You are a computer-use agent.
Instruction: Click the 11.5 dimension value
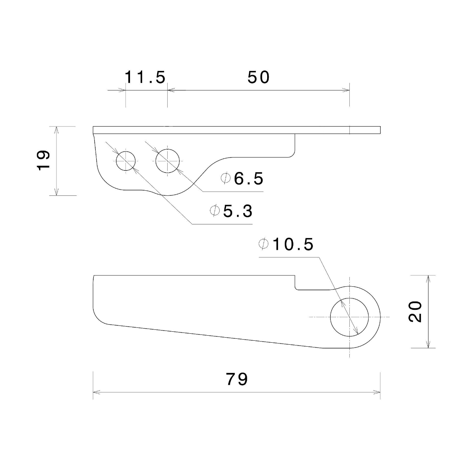pos(145,77)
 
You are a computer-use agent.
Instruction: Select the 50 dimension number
pos(258,77)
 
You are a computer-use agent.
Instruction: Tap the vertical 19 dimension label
pos(43,160)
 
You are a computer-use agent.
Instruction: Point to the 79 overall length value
pos(237,379)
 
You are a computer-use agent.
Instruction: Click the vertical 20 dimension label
pos(415,312)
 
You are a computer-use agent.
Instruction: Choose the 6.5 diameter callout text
pos(249,178)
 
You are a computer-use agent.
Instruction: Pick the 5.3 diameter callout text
pos(238,211)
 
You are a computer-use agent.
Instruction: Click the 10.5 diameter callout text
pos(293,244)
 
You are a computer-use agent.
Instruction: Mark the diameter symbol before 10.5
pos(264,244)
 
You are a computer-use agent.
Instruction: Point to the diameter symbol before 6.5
pos(226,178)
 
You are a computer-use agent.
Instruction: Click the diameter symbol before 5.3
pos(215,210)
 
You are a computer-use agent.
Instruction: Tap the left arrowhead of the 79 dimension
pos(96,392)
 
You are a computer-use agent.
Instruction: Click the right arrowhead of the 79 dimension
pos(377,392)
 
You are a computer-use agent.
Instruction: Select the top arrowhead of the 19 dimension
pos(56,130)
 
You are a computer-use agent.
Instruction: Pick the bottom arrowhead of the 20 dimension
pos(428,344)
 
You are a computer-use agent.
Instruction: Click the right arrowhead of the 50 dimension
pos(346,90)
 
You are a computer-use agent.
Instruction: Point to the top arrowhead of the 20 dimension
pos(428,279)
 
